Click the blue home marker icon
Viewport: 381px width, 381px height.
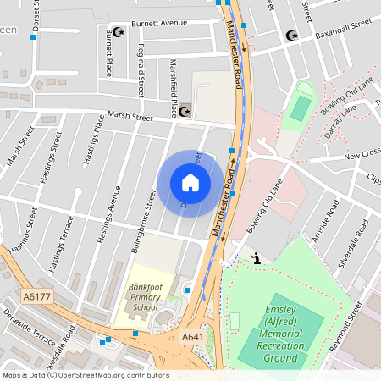[190, 183]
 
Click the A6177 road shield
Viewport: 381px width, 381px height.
[36, 297]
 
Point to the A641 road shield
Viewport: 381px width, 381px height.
[192, 337]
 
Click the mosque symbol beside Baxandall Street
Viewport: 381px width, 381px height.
[292, 36]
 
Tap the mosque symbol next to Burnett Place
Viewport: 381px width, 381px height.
[119, 32]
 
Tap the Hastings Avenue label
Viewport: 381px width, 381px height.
[108, 216]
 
